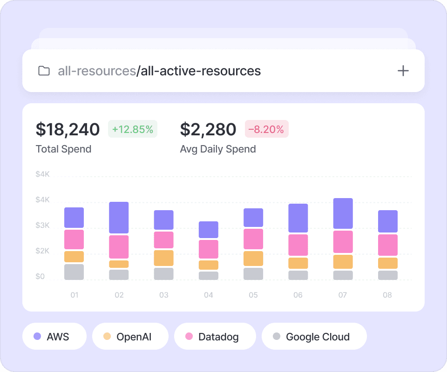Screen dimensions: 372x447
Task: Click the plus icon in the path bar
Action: tap(403, 71)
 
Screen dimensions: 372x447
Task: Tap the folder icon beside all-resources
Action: tap(44, 71)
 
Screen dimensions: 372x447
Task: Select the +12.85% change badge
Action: tap(133, 129)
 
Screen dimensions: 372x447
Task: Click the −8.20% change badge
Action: tap(267, 129)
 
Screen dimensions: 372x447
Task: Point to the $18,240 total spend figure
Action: tap(68, 129)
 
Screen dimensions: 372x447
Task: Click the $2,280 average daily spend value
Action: tap(208, 129)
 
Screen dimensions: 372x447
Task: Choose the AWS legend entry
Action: tap(54, 336)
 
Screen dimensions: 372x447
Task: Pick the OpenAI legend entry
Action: tap(130, 336)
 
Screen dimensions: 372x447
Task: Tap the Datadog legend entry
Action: tap(215, 336)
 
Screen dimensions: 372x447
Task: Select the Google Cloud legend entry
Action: tap(314, 336)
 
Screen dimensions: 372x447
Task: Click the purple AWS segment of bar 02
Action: tap(119, 218)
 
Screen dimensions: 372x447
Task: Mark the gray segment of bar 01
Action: tap(74, 272)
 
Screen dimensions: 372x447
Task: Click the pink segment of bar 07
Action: tap(343, 242)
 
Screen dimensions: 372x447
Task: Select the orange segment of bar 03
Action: tap(163, 258)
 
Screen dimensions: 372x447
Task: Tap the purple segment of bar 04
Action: tap(208, 230)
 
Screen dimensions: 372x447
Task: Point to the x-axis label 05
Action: tap(253, 295)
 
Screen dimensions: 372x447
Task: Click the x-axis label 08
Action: tap(387, 295)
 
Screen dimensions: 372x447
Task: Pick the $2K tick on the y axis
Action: tap(42, 251)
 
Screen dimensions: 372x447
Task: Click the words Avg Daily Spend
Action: tap(218, 149)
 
